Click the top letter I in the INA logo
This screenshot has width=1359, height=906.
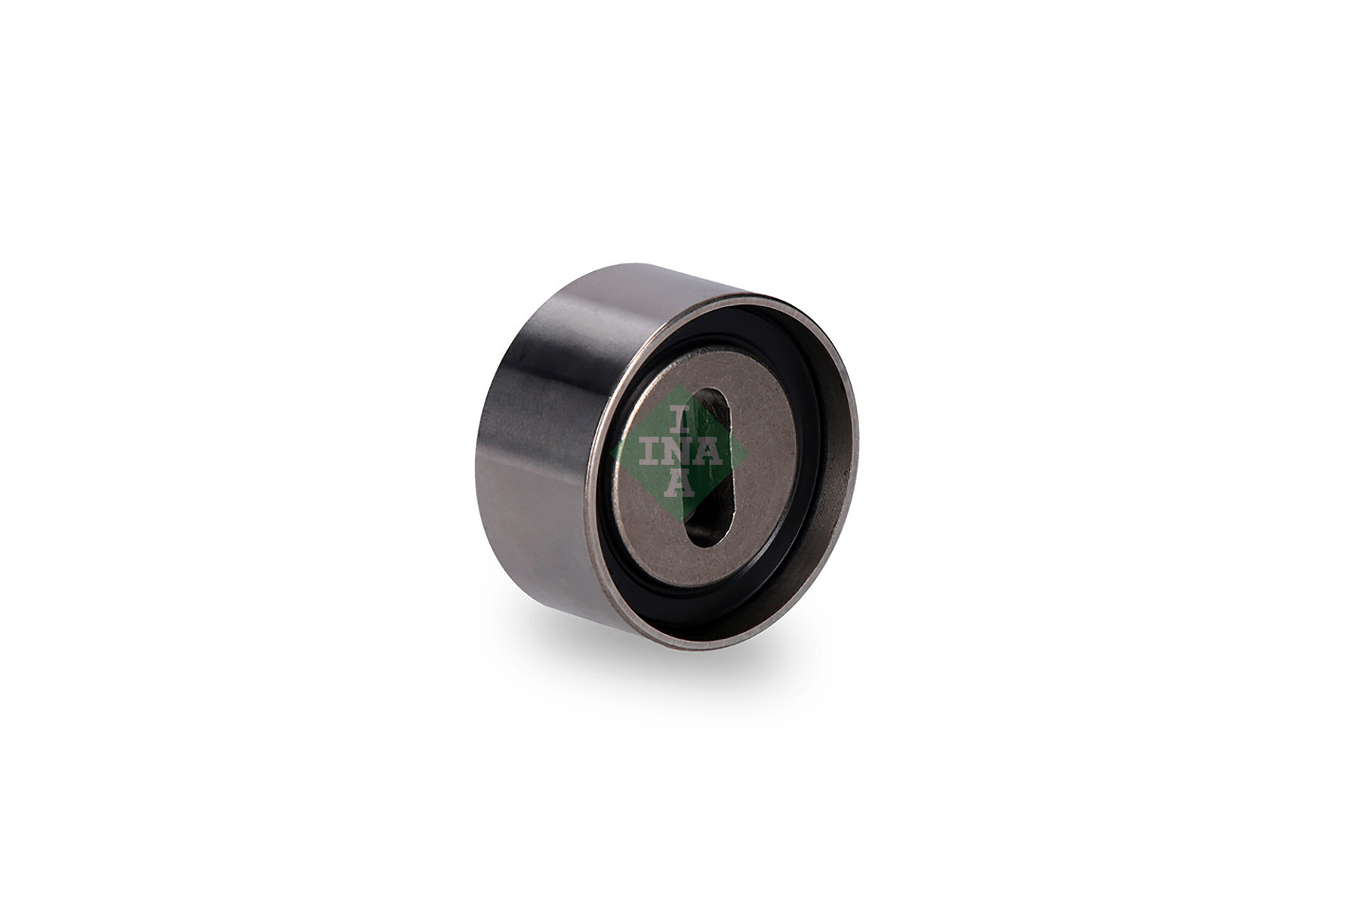click(681, 421)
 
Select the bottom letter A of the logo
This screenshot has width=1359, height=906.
click(680, 485)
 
